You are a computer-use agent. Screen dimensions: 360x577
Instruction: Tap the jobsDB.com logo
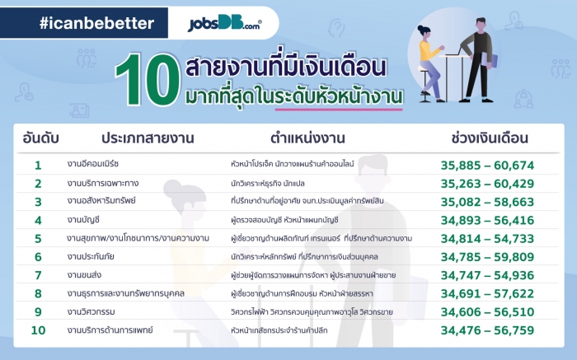pyautogui.click(x=223, y=23)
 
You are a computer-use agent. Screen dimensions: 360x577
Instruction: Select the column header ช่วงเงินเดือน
pyautogui.click(x=490, y=138)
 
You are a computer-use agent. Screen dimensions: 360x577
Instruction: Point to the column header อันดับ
pyautogui.click(x=38, y=138)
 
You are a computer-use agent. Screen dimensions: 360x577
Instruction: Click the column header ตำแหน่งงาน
pyautogui.click(x=307, y=138)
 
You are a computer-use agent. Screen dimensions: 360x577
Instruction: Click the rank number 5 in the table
pyautogui.click(x=38, y=238)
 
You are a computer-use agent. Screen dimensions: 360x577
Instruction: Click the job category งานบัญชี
pyautogui.click(x=90, y=220)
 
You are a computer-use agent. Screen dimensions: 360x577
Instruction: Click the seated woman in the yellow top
pyautogui.click(x=434, y=62)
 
